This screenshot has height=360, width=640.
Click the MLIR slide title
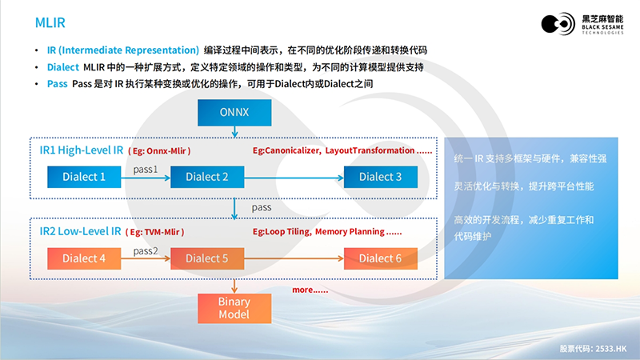pos(50,21)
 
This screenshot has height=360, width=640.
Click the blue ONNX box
pos(234,113)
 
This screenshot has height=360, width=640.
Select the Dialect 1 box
pos(84,177)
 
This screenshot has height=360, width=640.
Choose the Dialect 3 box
pos(380,177)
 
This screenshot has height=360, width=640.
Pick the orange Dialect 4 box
pos(84,258)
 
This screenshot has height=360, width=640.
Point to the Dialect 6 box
pos(380,258)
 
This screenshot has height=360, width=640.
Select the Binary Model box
pos(234,308)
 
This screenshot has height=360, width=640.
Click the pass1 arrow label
pos(146,170)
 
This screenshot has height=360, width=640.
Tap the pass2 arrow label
pos(146,251)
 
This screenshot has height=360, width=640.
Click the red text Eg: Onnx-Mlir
pos(159,151)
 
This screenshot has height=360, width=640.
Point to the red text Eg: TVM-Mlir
pos(155,233)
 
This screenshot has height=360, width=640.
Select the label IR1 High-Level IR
pos(81,150)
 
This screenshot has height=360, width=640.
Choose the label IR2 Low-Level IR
pos(80,232)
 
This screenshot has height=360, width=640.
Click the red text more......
pos(310,290)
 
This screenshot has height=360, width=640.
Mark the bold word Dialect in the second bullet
pos(63,67)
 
